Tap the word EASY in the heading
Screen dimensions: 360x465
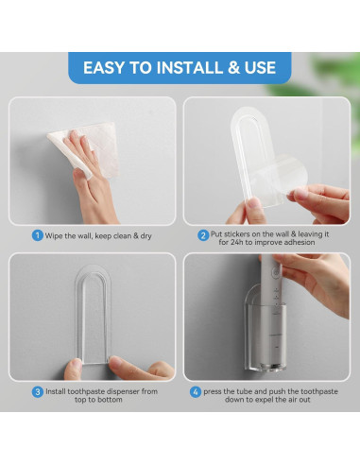(x=104, y=67)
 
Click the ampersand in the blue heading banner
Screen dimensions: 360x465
(x=233, y=67)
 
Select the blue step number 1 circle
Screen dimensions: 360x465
(x=38, y=235)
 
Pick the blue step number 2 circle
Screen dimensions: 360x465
(x=203, y=235)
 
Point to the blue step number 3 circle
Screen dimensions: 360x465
(x=38, y=391)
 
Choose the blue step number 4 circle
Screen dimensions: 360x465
(x=196, y=392)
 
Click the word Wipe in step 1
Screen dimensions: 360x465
(x=54, y=235)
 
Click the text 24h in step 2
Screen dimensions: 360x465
(x=236, y=242)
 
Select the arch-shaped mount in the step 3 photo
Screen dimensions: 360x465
(x=93, y=314)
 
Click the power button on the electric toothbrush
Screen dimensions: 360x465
(x=277, y=270)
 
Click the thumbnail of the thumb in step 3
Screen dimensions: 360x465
(x=116, y=362)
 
